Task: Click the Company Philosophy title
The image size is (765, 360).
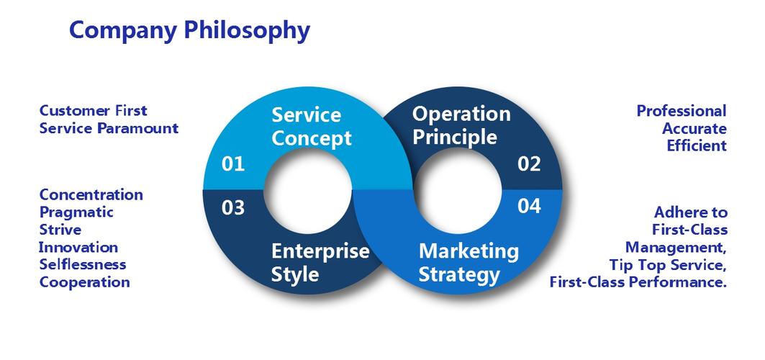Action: [x=189, y=30]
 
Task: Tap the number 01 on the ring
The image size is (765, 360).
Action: [x=233, y=164]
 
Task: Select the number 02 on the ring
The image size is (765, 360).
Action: [x=529, y=164]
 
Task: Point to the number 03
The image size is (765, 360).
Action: [x=233, y=208]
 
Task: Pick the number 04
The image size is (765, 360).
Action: [x=529, y=207]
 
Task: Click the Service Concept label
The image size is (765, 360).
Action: [x=311, y=126]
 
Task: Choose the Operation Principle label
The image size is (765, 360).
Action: [x=461, y=125]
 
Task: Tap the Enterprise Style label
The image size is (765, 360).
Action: [x=320, y=262]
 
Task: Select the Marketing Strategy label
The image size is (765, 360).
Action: [x=468, y=262]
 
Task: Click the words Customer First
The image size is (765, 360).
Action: [x=93, y=111]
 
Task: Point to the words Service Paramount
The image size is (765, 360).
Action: [x=109, y=128]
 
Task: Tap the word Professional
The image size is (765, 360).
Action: [x=681, y=111]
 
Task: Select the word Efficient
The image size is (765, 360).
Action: [x=696, y=145]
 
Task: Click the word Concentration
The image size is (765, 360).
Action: [x=91, y=194]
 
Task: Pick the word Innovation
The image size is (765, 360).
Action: [x=78, y=247]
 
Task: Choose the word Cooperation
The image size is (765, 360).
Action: [x=84, y=282]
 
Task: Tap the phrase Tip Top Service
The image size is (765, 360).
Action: [x=667, y=264]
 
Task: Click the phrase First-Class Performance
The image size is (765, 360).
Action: [x=638, y=282]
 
